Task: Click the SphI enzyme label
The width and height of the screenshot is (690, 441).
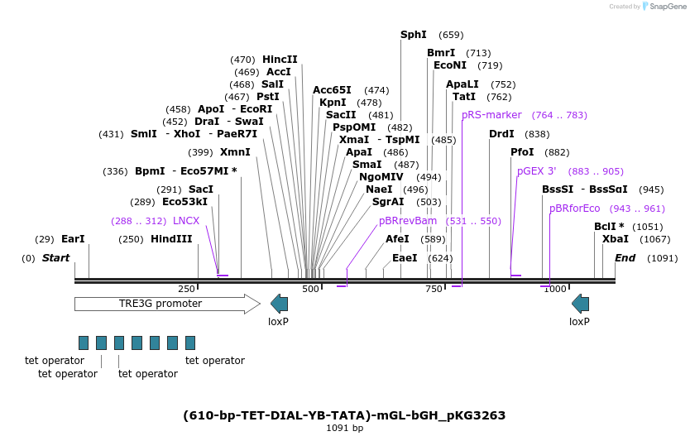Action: (413, 35)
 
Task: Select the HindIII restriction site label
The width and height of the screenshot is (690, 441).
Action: (171, 239)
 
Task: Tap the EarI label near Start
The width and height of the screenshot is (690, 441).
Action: (73, 239)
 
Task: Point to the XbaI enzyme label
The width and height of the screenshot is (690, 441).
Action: (615, 239)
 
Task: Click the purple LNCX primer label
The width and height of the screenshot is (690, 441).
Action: (186, 221)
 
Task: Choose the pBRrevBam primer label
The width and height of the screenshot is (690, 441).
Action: (408, 221)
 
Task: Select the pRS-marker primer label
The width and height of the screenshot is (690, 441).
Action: (491, 115)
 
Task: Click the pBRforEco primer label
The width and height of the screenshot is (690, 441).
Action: (575, 209)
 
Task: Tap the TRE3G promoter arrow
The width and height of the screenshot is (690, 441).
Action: (166, 304)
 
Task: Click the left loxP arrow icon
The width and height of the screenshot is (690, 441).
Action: (279, 304)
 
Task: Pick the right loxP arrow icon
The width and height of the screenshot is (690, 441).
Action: (580, 304)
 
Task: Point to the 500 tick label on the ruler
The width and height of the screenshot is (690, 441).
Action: (310, 289)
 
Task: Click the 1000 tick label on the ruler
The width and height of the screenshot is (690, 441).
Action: (555, 289)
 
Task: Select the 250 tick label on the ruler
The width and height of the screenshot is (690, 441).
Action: (186, 289)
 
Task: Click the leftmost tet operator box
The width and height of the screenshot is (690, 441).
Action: (84, 343)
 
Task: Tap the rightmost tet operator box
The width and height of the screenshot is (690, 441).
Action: (190, 343)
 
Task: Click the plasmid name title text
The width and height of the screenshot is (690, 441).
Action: (344, 415)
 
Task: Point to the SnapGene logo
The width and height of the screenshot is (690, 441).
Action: (666, 7)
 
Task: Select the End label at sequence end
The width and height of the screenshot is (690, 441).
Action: (625, 258)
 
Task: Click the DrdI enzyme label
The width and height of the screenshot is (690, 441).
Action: (501, 134)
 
